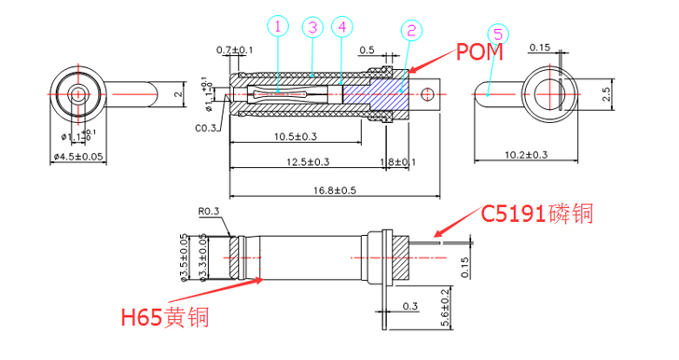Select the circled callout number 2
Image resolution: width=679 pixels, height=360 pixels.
(x=409, y=31)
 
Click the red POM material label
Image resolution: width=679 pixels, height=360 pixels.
(x=479, y=50)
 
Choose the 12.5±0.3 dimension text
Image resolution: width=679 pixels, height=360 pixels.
(x=307, y=163)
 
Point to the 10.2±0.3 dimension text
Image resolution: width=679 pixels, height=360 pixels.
(x=525, y=154)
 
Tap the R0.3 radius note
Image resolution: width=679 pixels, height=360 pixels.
(x=210, y=212)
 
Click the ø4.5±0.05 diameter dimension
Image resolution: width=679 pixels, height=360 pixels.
(x=79, y=155)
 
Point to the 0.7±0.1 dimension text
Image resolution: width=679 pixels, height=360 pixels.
(x=234, y=48)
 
